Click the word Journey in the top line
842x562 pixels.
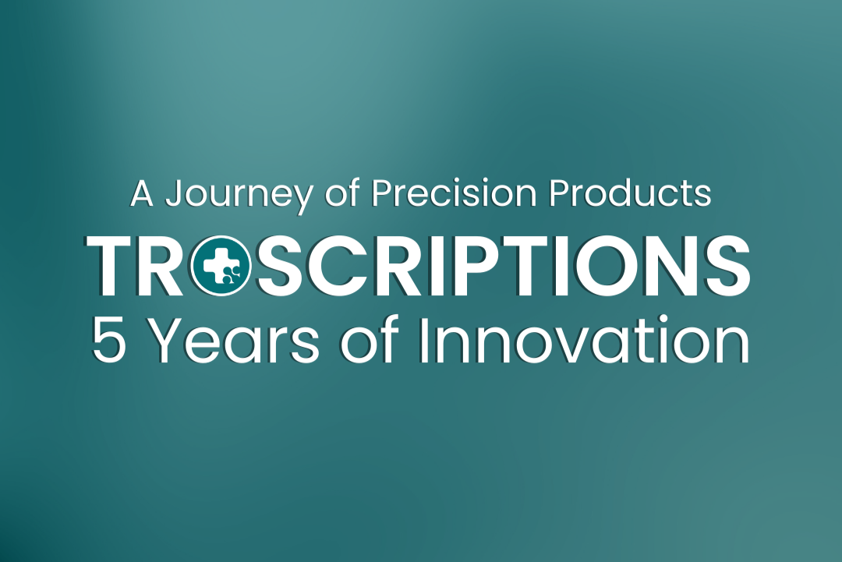coord(237,194)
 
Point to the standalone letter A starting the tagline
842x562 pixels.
coord(142,193)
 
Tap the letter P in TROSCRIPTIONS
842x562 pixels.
coord(468,266)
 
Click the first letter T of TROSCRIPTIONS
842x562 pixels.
coord(114,266)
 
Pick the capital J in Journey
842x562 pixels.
coord(174,194)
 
